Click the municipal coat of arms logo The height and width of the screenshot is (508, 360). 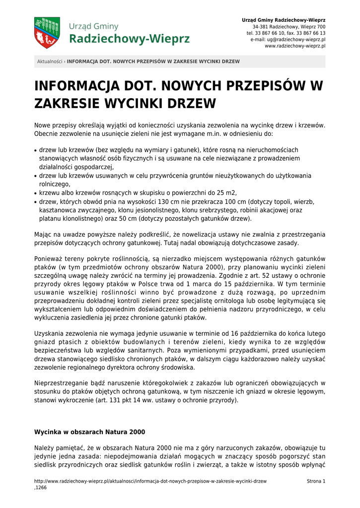[47, 33]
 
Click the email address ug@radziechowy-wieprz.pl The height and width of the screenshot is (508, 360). [296, 39]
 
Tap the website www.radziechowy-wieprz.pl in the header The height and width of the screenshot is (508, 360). [295, 46]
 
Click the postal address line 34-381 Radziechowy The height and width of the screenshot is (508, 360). [289, 26]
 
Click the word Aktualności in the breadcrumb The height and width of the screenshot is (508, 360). [50, 62]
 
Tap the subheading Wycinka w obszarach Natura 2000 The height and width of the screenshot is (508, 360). [89, 432]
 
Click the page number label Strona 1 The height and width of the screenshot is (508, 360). [316, 481]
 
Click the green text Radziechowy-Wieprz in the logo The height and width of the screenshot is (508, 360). [129, 39]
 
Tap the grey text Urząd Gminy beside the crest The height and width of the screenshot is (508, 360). [93, 26]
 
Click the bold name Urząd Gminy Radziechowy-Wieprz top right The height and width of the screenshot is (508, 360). [284, 20]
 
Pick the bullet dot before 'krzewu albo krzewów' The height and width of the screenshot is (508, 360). [36, 193]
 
